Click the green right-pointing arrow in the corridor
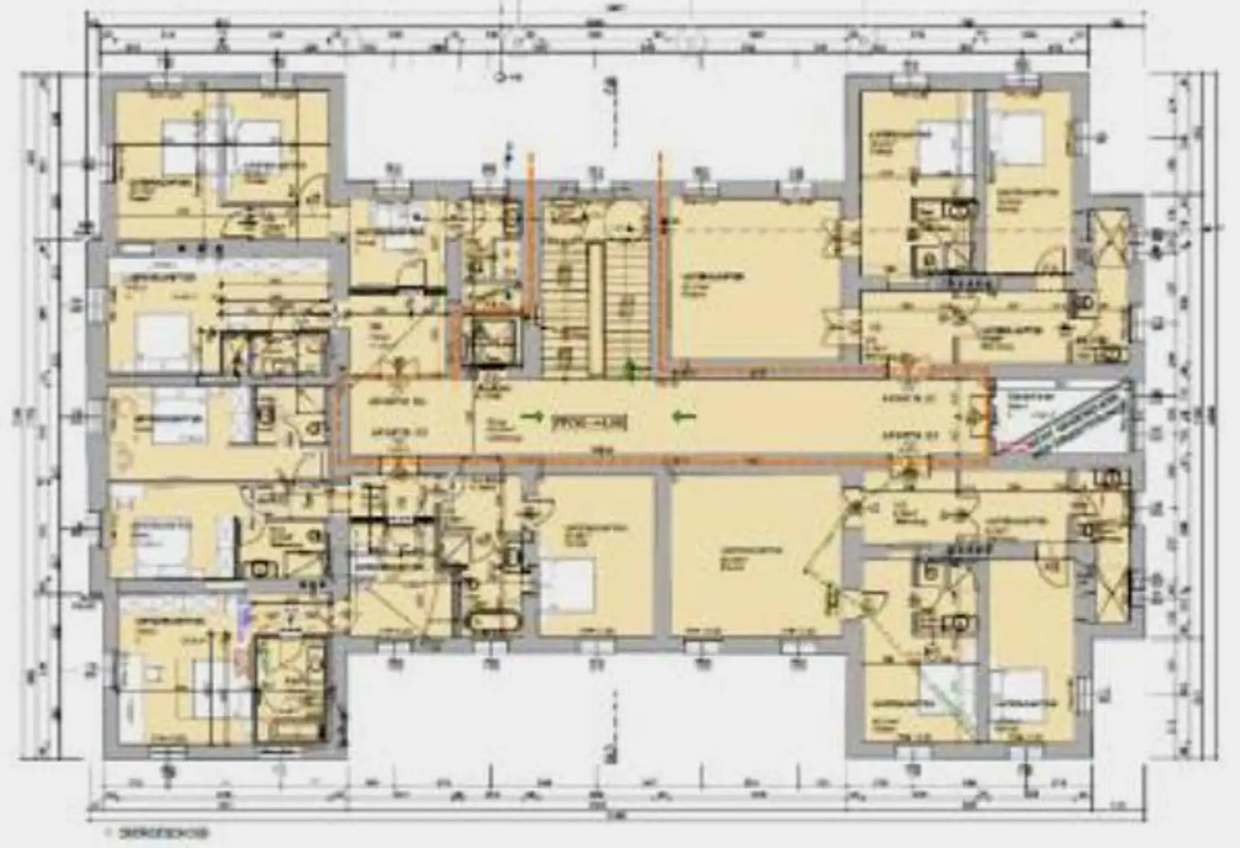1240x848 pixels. [x=531, y=417]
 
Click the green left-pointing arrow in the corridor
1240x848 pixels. [x=684, y=416]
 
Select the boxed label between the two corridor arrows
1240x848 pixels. [x=589, y=421]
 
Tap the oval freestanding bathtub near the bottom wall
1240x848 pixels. [x=493, y=622]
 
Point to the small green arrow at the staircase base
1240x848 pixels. [x=629, y=369]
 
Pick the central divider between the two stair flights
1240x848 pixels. [x=596, y=308]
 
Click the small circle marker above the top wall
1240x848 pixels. [x=500, y=77]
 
